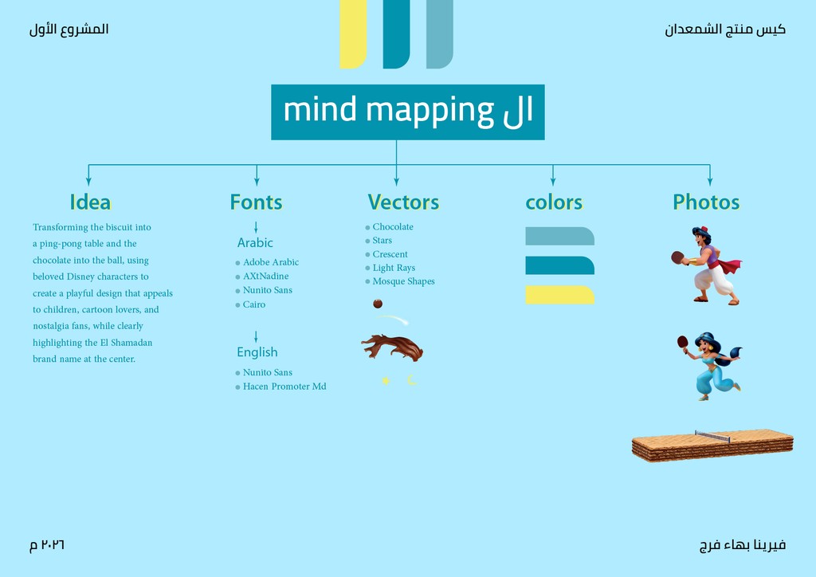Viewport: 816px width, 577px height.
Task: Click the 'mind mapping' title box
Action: (407, 112)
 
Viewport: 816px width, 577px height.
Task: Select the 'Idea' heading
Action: (90, 202)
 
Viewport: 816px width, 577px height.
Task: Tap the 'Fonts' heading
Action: (256, 202)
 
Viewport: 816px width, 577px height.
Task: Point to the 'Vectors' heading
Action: (403, 202)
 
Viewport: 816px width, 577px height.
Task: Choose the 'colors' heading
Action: (554, 202)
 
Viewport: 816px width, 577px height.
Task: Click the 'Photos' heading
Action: (706, 202)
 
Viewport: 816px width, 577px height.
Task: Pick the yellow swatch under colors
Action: (560, 295)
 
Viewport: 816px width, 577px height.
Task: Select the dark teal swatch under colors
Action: (560, 265)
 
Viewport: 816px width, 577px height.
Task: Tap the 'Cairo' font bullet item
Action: (250, 304)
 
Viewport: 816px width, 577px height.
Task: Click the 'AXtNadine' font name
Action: (265, 277)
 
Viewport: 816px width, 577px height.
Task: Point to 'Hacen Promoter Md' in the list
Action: (284, 387)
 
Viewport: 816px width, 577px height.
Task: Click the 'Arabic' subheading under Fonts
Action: (255, 242)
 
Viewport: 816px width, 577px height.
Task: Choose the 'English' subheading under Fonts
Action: (257, 352)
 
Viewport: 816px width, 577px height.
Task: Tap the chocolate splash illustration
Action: (392, 347)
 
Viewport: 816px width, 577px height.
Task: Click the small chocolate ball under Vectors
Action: (378, 304)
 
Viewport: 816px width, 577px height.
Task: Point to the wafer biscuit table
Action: (712, 446)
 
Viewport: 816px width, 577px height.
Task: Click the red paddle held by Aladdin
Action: (677, 257)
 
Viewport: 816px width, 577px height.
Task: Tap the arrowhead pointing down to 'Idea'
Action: (88, 181)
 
